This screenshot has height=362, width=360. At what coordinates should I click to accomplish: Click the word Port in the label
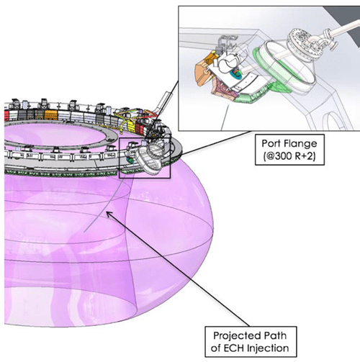[270, 144]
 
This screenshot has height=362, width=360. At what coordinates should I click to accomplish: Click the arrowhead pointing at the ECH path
[109, 214]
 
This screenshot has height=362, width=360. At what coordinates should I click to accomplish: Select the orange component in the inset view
[204, 70]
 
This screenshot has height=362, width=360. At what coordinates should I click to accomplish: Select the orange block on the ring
[51, 115]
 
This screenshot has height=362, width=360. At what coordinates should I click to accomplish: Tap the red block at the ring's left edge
[6, 115]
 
